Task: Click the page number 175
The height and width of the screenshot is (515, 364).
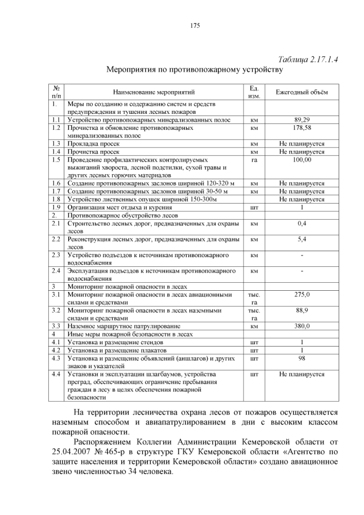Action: pyautogui.click(x=195, y=25)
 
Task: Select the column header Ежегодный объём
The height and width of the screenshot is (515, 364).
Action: pyautogui.click(x=301, y=92)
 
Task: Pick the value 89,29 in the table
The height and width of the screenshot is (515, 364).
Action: pyautogui.click(x=301, y=121)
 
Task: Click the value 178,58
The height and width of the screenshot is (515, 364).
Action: pyautogui.click(x=301, y=129)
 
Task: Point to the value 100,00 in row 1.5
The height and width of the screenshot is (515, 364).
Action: pyautogui.click(x=301, y=160)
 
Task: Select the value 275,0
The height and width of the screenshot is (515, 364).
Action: pyautogui.click(x=301, y=295)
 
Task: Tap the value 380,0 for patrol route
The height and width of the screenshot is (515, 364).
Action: pyautogui.click(x=301, y=326)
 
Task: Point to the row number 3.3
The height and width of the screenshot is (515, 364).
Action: pyautogui.click(x=56, y=326)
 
